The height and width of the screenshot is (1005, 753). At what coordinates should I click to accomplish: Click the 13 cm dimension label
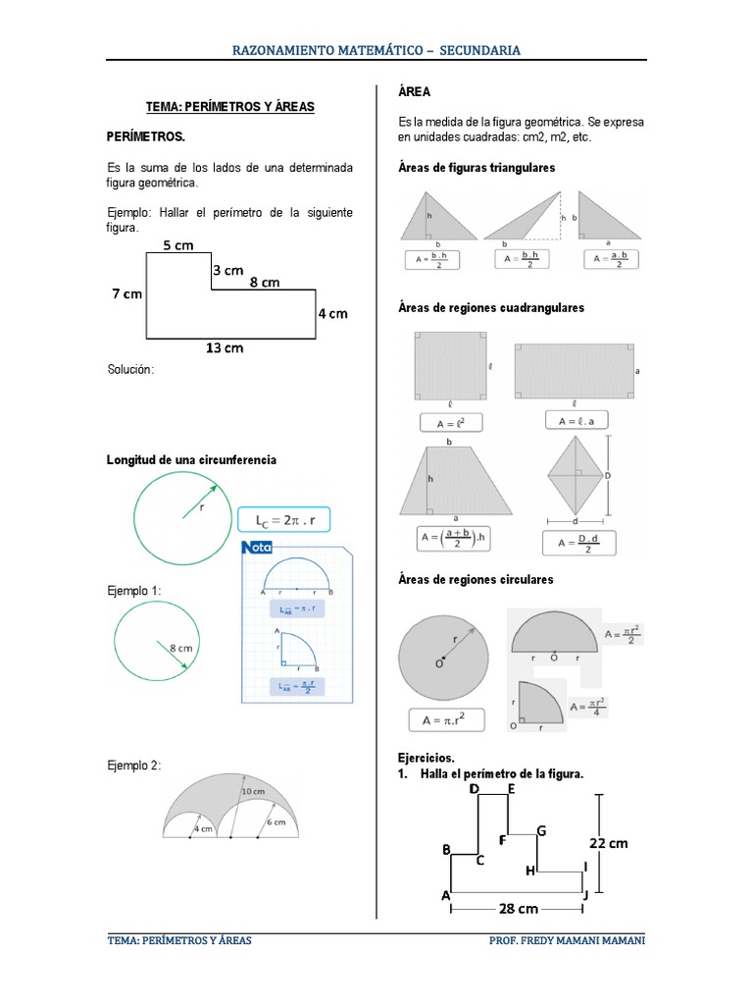[x=224, y=347]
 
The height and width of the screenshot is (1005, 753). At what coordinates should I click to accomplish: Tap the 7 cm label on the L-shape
[x=126, y=293]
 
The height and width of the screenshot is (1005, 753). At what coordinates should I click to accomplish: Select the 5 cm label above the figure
[x=178, y=245]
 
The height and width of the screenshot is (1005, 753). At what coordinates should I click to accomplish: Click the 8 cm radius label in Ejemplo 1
[x=181, y=648]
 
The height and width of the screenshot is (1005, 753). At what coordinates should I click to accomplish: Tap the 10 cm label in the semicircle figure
[x=252, y=791]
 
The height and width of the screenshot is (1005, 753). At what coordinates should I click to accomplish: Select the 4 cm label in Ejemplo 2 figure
[x=202, y=828]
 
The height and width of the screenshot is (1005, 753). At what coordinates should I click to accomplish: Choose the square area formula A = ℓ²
[x=450, y=423]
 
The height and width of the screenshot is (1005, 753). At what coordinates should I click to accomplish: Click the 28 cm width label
[x=520, y=909]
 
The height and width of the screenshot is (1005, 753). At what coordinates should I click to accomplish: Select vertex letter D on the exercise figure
[x=475, y=788]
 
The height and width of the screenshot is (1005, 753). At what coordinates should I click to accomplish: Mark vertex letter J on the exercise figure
[x=584, y=895]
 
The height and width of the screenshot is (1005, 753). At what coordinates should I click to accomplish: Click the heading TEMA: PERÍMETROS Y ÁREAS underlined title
[x=229, y=106]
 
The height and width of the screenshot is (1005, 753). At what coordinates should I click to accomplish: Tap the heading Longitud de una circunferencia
[x=191, y=459]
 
